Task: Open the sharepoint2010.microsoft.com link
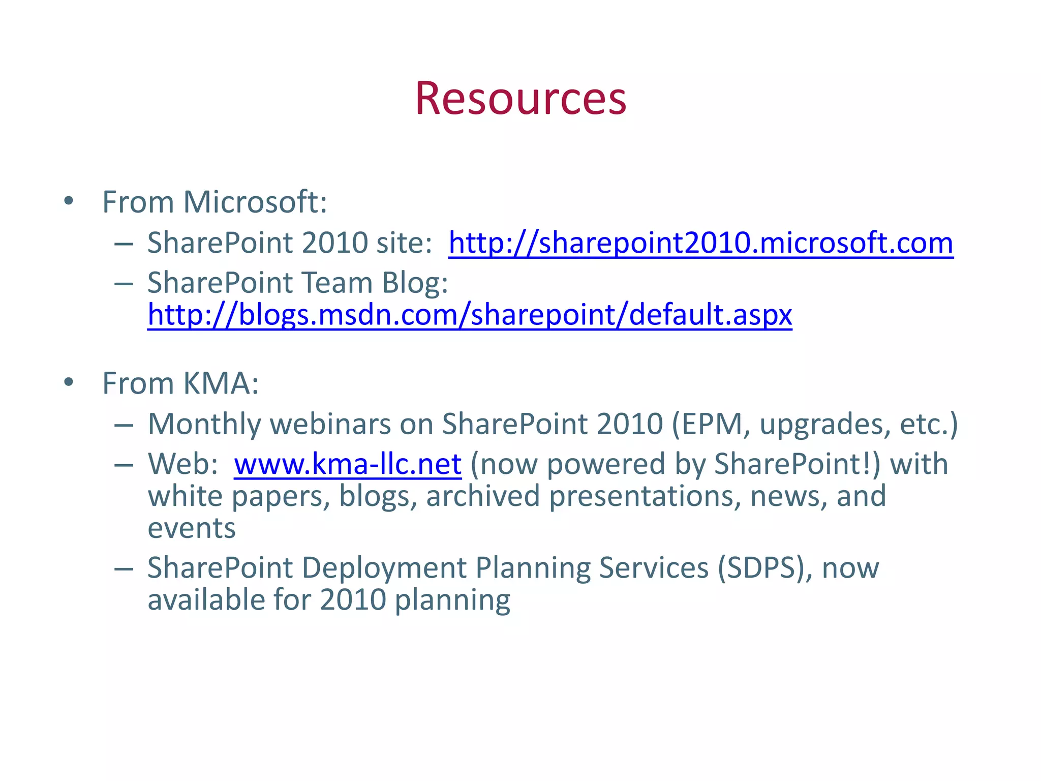click(x=700, y=243)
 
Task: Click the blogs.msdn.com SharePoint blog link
click(x=469, y=315)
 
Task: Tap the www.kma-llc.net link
click(x=348, y=464)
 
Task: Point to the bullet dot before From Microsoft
click(x=69, y=201)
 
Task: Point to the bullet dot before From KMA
click(x=69, y=382)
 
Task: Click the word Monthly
click(x=203, y=424)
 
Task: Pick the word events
click(x=192, y=529)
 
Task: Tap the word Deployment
click(x=384, y=568)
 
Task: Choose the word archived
click(x=482, y=497)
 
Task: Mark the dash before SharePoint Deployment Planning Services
click(x=124, y=568)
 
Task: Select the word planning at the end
click(x=452, y=600)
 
